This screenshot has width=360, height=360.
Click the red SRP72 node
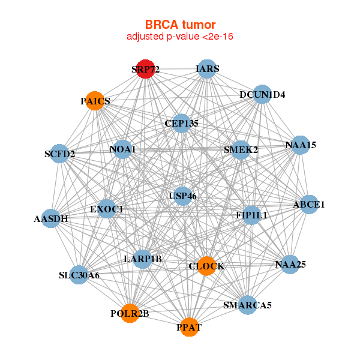(145, 69)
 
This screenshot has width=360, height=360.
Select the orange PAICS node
(95, 101)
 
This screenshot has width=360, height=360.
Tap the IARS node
(206, 69)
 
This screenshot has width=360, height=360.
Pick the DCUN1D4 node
(262, 94)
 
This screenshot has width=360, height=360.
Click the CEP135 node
(181, 124)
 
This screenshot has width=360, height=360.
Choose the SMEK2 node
(241, 149)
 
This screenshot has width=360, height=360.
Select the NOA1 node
(123, 149)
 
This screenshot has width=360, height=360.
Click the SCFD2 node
(59, 154)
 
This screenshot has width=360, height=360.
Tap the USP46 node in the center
(183, 196)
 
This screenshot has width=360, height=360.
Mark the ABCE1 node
(309, 205)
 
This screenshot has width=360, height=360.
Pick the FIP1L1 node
(251, 214)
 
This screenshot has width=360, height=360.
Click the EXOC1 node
(107, 209)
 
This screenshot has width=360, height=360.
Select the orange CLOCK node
(206, 266)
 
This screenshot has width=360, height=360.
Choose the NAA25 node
(290, 264)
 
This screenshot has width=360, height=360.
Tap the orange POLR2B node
(130, 313)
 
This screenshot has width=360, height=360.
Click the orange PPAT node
(190, 327)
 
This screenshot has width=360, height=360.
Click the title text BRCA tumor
(180, 25)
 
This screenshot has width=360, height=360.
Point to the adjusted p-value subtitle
(180, 37)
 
